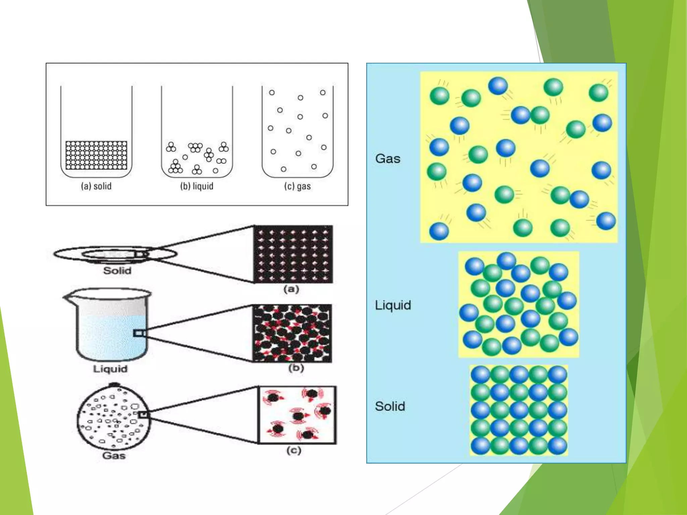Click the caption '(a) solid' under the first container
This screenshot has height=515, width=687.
coord(96,186)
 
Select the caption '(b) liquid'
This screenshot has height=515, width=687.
coord(197,186)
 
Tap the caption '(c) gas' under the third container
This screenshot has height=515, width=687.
coord(297,186)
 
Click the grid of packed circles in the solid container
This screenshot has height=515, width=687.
coord(96,155)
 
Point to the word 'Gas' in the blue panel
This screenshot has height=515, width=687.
coord(388,159)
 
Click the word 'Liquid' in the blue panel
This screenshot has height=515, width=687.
coord(393,305)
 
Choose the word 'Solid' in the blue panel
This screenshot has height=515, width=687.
coord(390,406)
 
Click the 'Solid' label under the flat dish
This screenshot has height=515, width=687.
coord(117,271)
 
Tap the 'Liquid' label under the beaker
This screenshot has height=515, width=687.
coord(110,369)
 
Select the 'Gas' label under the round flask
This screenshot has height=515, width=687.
coord(114,456)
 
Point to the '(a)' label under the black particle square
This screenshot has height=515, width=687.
coord(291,289)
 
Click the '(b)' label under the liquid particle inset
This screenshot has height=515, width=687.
coord(296,368)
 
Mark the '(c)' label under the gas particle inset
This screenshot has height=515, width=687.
coord(294,450)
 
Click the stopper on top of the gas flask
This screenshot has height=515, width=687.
coord(115,385)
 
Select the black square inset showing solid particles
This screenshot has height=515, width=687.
coord(293,254)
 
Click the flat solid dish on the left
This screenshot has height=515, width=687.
coord(115,254)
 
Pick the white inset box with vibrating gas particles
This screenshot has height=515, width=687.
coord(297,415)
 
